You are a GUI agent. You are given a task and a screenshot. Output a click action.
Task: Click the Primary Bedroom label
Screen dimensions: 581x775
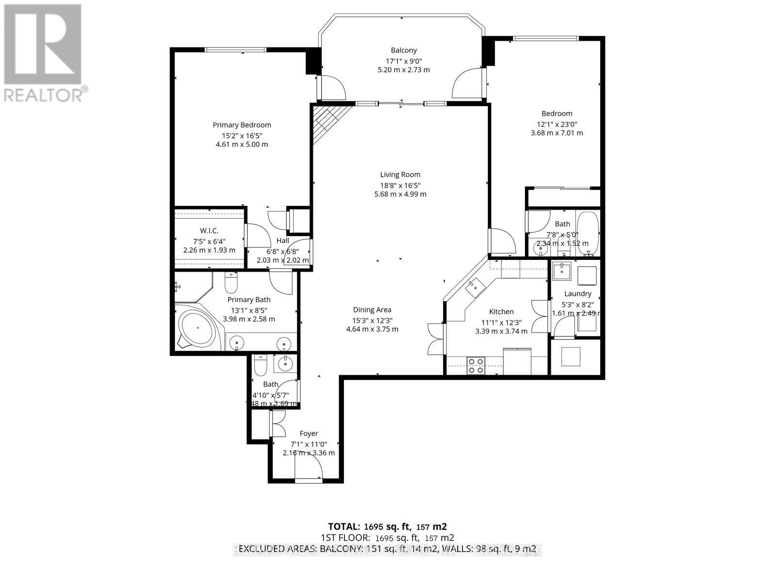(242, 125)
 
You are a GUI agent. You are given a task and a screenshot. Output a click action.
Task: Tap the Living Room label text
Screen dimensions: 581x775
(400, 175)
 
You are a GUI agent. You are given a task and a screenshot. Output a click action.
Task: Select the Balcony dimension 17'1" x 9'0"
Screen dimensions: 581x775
(403, 61)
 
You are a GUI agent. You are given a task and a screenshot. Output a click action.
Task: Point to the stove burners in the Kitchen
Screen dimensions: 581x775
(476, 365)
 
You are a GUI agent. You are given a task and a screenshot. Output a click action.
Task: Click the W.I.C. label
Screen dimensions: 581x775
(209, 230)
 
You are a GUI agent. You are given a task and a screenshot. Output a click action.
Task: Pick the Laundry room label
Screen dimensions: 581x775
(577, 293)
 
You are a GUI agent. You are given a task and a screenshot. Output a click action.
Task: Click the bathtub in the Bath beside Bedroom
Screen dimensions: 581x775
(589, 233)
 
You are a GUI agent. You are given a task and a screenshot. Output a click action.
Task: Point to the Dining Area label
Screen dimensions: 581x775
(372, 310)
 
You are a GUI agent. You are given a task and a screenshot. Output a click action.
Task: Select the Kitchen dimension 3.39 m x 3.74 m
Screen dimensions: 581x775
(501, 331)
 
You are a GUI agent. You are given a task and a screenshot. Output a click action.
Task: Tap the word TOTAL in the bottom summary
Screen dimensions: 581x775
(343, 526)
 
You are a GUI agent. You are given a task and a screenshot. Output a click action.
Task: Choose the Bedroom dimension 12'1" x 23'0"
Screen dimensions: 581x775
(557, 123)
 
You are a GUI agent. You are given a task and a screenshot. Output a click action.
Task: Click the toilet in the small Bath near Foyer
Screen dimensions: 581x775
(261, 366)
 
